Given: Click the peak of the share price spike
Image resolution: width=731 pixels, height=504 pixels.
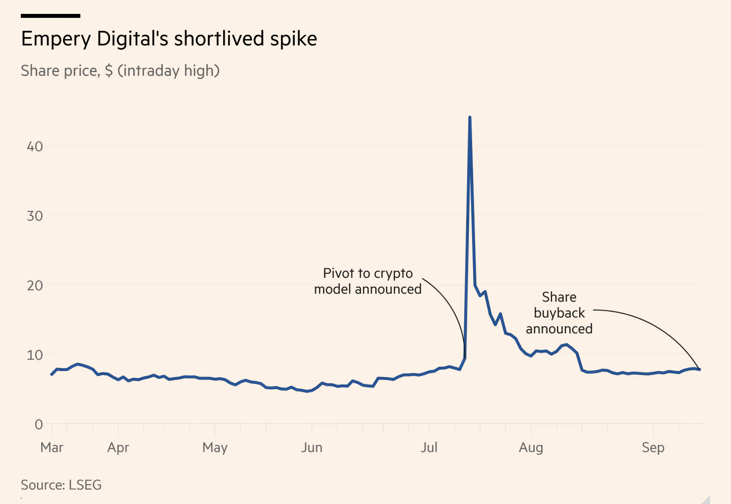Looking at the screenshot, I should click(x=470, y=118).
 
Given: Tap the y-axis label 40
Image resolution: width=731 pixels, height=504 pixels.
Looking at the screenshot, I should click(x=35, y=146).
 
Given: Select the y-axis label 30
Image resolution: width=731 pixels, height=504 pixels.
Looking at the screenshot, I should click(x=35, y=216).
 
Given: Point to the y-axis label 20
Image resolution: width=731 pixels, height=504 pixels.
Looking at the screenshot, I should click(x=35, y=285).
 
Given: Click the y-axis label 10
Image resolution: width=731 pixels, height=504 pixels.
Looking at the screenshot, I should click(x=35, y=355).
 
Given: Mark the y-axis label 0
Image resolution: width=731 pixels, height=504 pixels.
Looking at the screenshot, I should click(x=39, y=424).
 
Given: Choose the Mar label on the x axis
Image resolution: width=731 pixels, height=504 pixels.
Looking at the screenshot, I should click(x=52, y=447).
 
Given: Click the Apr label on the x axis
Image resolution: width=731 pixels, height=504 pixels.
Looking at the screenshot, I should click(x=118, y=447).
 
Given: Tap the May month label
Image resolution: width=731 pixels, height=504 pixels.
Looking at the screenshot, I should click(x=215, y=447).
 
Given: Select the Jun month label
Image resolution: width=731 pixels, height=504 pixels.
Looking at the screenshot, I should click(x=311, y=447).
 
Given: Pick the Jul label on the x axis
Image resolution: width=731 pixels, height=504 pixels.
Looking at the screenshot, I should click(x=429, y=447).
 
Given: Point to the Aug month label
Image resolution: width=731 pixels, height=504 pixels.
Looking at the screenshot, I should click(x=531, y=447).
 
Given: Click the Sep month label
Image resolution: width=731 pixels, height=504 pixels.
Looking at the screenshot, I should click(x=653, y=447).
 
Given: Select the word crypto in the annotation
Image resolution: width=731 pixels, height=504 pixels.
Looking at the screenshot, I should click(x=393, y=274).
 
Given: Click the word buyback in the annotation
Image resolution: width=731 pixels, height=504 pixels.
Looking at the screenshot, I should click(x=559, y=313).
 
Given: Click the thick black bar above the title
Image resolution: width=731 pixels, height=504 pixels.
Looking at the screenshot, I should click(x=51, y=16).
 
